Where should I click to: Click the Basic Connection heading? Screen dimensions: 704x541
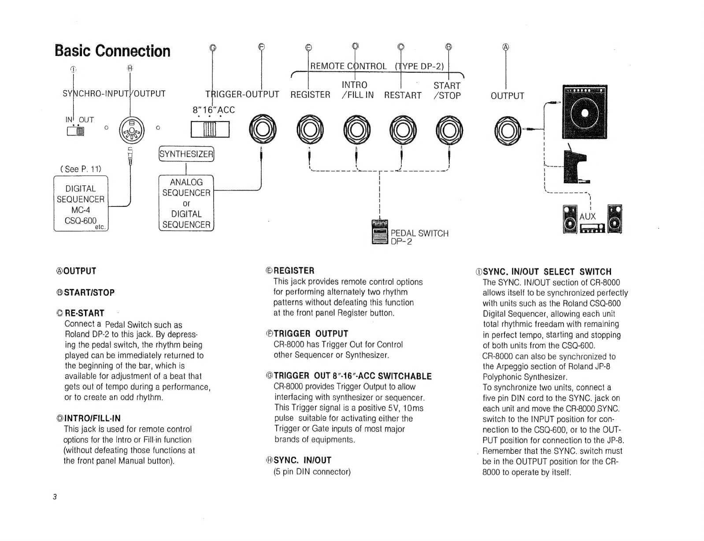click(x=112, y=51)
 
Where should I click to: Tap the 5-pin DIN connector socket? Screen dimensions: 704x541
click(x=132, y=130)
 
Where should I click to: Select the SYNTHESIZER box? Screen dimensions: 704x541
click(x=186, y=154)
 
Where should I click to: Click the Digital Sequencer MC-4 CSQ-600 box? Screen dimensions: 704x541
click(x=81, y=203)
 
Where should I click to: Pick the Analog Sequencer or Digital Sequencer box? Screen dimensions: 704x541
click(x=186, y=203)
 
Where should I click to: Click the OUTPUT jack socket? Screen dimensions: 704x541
click(x=508, y=131)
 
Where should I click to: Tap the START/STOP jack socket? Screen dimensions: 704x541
click(x=449, y=130)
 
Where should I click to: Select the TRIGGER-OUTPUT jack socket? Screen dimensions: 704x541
click(x=263, y=129)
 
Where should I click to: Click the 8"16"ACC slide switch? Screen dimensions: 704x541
click(x=210, y=129)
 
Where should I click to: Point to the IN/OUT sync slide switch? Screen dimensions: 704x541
click(x=75, y=131)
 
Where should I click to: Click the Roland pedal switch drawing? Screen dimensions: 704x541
click(x=380, y=232)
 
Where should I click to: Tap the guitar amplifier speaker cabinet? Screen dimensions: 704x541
click(x=585, y=112)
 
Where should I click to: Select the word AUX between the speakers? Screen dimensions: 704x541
click(x=587, y=217)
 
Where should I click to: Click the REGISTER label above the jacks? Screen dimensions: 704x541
click(x=310, y=95)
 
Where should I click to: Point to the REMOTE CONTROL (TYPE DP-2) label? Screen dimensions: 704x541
click(x=377, y=66)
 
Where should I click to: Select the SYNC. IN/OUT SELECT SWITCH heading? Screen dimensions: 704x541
click(x=543, y=272)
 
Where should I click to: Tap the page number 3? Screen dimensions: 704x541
click(x=55, y=497)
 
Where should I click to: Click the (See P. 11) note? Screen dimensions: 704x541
click(x=81, y=169)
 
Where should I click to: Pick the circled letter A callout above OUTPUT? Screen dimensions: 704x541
click(x=506, y=47)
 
